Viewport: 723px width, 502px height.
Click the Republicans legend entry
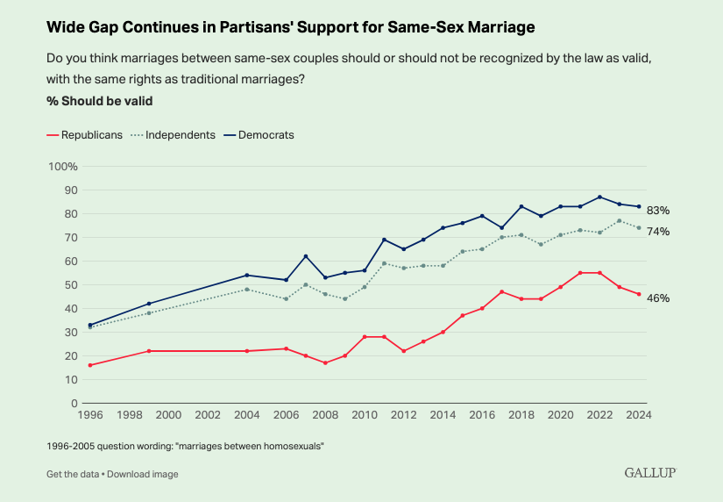(x=84, y=135)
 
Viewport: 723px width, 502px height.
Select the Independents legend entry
(x=174, y=135)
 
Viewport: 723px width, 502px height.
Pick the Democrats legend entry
(x=258, y=135)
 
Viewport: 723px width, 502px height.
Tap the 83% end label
(x=658, y=211)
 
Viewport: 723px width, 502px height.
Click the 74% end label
(x=658, y=232)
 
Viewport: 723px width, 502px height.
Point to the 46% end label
(x=658, y=298)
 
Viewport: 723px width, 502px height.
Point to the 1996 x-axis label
(x=90, y=415)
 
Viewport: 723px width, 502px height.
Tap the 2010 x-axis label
(x=364, y=415)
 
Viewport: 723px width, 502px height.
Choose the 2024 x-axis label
(x=638, y=415)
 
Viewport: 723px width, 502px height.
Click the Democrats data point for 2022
(x=599, y=197)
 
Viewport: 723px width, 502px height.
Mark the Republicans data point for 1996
(x=90, y=365)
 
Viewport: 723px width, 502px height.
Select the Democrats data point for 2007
(x=306, y=256)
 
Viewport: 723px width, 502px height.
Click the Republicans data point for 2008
(x=325, y=362)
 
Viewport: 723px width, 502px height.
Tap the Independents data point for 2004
(x=247, y=290)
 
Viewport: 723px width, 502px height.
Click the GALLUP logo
(x=650, y=473)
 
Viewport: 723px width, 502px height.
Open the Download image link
(x=143, y=474)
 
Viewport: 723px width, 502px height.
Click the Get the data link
(x=73, y=474)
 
